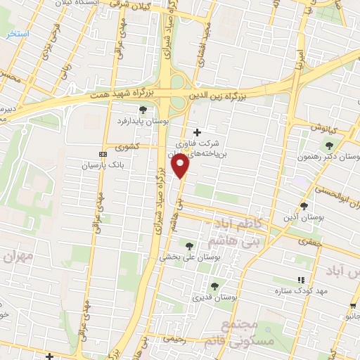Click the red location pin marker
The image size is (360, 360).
click(x=181, y=167)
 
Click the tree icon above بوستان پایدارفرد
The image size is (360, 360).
click(x=144, y=109)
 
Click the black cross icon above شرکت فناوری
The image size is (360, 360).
click(x=198, y=132)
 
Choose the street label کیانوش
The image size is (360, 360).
click(x=325, y=130)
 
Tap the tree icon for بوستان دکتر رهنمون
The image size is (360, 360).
click(x=328, y=146)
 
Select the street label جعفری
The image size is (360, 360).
click(x=308, y=241)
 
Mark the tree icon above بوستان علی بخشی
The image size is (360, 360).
click(x=188, y=245)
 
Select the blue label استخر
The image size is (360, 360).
click(x=14, y=34)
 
